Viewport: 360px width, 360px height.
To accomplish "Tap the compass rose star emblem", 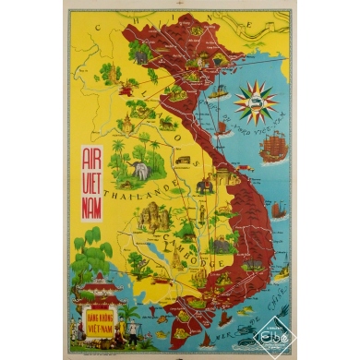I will [256, 102].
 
